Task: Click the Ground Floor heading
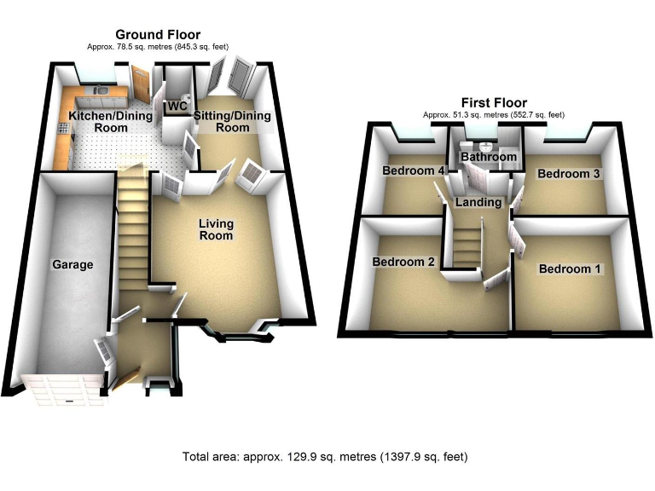coord(158,34)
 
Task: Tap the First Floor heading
coord(494,103)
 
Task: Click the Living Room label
coord(216,229)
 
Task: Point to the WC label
coord(177,107)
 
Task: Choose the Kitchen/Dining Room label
coord(98,121)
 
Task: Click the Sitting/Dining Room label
coord(233,121)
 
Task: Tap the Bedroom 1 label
coord(570,269)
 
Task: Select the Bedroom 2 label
coord(403,262)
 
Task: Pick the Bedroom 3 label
coord(569,174)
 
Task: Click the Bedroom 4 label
coord(414,170)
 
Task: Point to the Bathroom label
coord(489,158)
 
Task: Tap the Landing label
coord(478,202)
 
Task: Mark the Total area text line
coord(325,457)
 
